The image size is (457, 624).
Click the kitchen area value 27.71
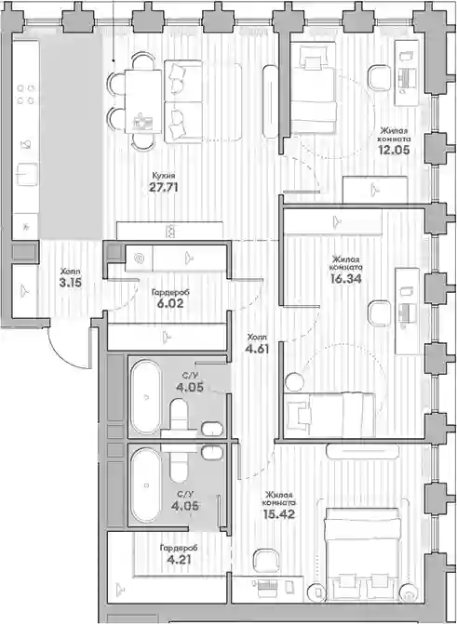pyautogui.click(x=164, y=188)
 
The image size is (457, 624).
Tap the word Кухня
pyautogui.click(x=164, y=176)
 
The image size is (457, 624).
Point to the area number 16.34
pyautogui.click(x=346, y=279)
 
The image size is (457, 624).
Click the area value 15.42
pyautogui.click(x=279, y=514)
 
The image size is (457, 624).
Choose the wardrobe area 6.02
pyautogui.click(x=170, y=304)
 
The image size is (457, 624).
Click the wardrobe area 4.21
pyautogui.click(x=178, y=560)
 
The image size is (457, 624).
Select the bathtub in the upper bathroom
pyautogui.click(x=146, y=397)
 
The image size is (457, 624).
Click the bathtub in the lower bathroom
pyautogui.click(x=146, y=485)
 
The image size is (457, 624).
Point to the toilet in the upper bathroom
pyautogui.click(x=179, y=414)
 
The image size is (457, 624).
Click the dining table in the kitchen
pyautogui.click(x=143, y=101)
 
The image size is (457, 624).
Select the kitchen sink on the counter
pyautogui.click(x=27, y=175)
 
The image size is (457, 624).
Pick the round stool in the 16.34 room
pyautogui.click(x=295, y=381)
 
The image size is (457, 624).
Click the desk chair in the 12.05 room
pyautogui.click(x=380, y=78)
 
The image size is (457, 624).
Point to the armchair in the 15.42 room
pyautogui.click(x=266, y=562)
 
